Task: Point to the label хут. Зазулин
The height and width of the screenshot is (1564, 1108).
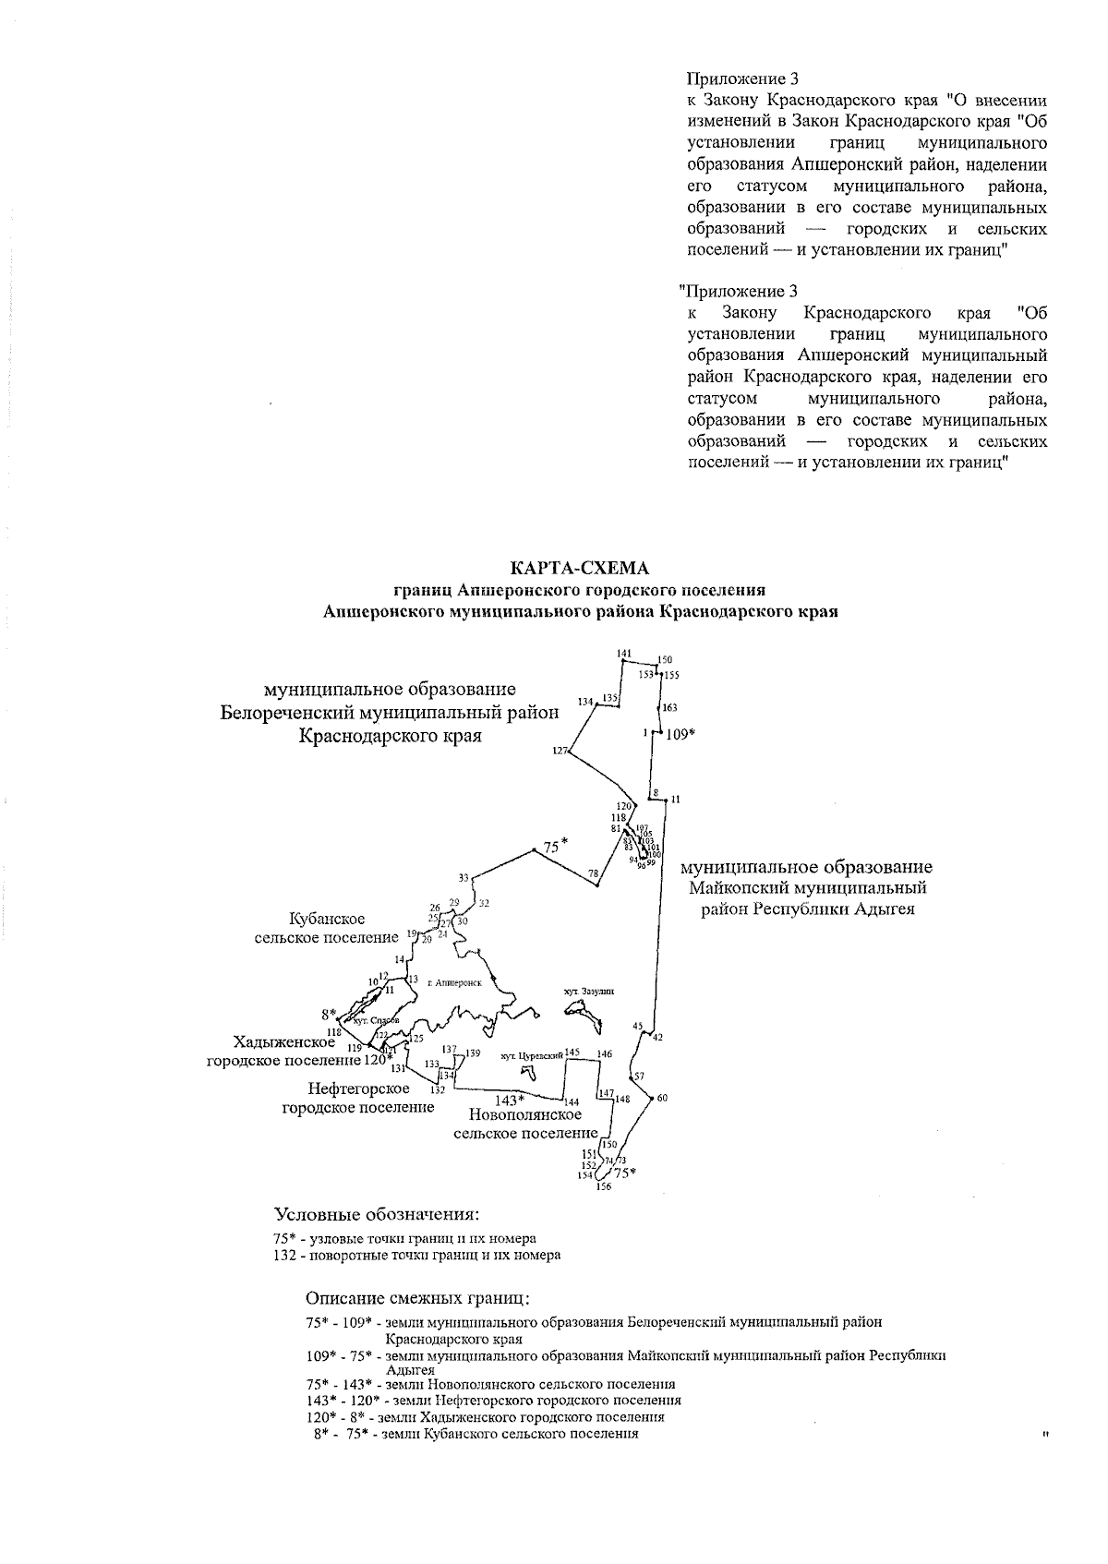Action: tap(588, 991)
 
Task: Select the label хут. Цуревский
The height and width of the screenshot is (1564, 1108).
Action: tap(530, 1054)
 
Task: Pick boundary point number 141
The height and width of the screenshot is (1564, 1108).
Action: tap(624, 654)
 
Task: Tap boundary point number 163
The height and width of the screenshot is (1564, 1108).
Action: tap(669, 707)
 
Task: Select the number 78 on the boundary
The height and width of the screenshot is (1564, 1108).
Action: tap(593, 873)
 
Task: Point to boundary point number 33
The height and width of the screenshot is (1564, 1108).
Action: tap(464, 877)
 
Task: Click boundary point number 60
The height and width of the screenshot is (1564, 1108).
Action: tap(662, 1098)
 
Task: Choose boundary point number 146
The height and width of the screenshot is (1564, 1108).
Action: tap(604, 1053)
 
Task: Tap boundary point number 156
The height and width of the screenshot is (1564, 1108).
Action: tap(603, 1187)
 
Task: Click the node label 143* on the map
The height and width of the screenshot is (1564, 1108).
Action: tap(510, 1100)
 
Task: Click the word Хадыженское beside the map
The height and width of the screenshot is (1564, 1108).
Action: tap(284, 1041)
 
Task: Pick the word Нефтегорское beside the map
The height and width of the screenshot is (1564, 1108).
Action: tap(358, 1089)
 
